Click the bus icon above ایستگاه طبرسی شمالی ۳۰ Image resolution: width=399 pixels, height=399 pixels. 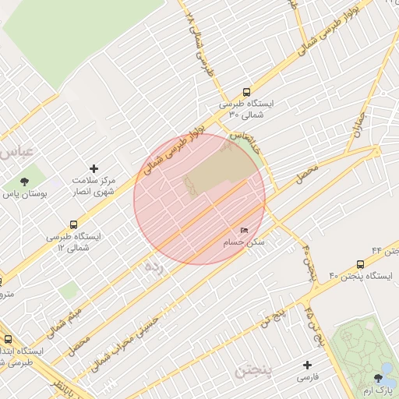(x=247, y=91)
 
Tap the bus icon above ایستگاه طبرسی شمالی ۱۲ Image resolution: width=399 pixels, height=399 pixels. (x=73, y=224)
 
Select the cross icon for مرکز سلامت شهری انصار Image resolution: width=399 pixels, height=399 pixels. (x=94, y=168)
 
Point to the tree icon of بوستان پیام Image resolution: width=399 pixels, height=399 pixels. (x=25, y=181)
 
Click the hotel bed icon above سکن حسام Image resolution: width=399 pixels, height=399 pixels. (x=245, y=231)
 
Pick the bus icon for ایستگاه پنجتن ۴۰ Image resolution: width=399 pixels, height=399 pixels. (x=360, y=265)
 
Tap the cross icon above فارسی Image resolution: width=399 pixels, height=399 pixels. (x=307, y=365)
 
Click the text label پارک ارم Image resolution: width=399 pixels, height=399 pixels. (x=379, y=389)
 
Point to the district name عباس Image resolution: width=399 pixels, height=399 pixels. (x=18, y=150)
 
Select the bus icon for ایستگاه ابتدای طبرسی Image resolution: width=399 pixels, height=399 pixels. (x=8, y=340)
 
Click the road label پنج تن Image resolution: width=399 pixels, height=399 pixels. (x=273, y=316)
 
